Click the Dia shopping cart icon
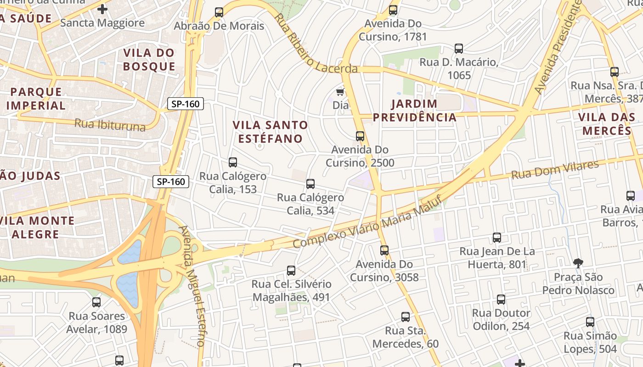[340, 92]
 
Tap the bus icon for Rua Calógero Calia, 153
[233, 162]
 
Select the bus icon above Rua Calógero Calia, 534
[310, 184]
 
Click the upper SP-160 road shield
[186, 104]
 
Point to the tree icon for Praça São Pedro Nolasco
[578, 263]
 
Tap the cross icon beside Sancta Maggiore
[102, 9]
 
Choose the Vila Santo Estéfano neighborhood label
[270, 132]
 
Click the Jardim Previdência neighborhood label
[415, 110]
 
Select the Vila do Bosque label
[149, 60]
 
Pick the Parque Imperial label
[36, 98]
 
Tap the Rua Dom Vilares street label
[555, 170]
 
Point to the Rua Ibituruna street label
[110, 125]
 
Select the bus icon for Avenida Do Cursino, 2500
[360, 136]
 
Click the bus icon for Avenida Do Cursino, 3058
[384, 250]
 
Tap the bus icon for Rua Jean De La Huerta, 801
[497, 238]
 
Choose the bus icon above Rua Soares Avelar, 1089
[96, 302]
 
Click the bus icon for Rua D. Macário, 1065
[458, 49]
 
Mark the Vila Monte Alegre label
[37, 228]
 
